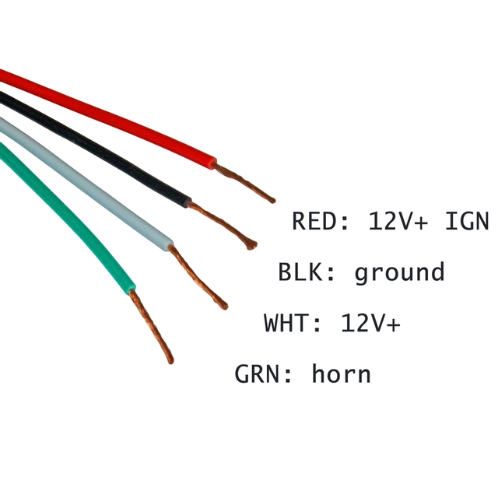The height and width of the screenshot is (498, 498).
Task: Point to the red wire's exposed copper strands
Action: (245, 184)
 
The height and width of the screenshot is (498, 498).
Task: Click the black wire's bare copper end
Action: (226, 226)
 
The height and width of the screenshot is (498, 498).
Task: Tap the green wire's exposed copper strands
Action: (152, 327)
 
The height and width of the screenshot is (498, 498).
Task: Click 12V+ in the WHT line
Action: (370, 322)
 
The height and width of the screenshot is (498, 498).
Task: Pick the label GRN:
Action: (265, 373)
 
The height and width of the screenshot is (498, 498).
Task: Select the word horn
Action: (341, 373)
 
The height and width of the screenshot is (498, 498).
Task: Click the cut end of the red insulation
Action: (212, 162)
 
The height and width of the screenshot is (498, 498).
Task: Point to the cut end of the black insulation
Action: (188, 202)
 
